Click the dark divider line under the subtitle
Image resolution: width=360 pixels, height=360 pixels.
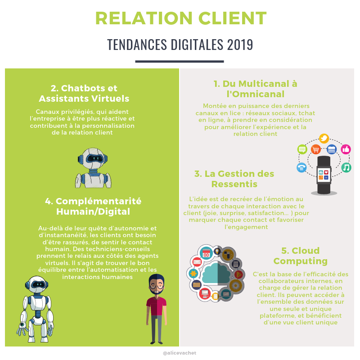pos(180,61)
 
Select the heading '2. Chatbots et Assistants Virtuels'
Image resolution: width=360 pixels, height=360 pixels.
pos(84,93)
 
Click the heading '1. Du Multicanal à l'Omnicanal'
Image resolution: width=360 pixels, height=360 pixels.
pos(255,89)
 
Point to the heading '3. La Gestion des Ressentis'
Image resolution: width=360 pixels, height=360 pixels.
pos(234,179)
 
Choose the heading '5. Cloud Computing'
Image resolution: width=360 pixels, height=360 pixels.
pos(300,256)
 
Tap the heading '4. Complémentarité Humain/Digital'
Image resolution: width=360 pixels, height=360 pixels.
pos(93,206)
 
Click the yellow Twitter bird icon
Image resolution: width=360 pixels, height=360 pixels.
pos(324,139)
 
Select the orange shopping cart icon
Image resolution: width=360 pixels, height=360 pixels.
pos(316,149)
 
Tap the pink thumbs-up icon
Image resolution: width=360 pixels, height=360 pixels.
pos(346,149)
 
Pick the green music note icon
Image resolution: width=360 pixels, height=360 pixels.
pos(346,168)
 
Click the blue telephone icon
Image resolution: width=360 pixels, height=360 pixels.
pos(301,168)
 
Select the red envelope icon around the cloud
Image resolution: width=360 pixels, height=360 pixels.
pos(197,261)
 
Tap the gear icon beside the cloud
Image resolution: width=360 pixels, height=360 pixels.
pos(234,285)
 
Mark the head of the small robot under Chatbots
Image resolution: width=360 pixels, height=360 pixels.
pos(92,159)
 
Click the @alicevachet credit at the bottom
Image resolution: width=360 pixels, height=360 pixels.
pos(180,353)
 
